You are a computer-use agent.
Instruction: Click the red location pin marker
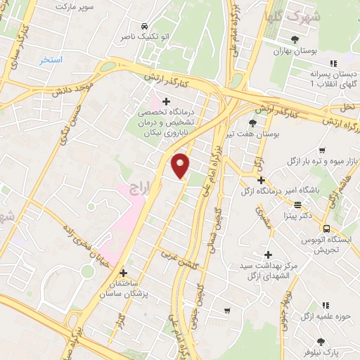(x=181, y=165)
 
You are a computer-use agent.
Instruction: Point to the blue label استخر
(x=51, y=60)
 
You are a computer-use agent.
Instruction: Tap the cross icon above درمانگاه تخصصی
(x=166, y=101)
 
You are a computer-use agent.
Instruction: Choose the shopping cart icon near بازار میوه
(x=321, y=150)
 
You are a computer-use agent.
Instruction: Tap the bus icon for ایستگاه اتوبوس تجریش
(x=326, y=228)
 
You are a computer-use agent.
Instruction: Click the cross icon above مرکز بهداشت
(x=267, y=254)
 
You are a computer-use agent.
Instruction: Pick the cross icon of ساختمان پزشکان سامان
(x=124, y=272)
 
